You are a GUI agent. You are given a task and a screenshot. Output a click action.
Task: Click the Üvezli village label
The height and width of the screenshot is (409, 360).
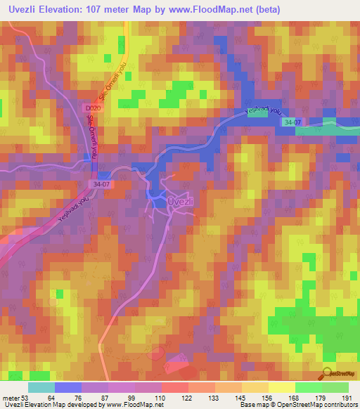tap(180, 201)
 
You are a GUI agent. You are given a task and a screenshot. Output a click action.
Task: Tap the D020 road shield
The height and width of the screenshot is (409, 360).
tap(84, 109)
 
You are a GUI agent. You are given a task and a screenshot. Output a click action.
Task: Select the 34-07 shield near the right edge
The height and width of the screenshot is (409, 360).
tap(313, 123)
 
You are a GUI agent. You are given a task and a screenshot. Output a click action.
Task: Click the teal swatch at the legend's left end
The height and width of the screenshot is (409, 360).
tap(41, 387)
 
